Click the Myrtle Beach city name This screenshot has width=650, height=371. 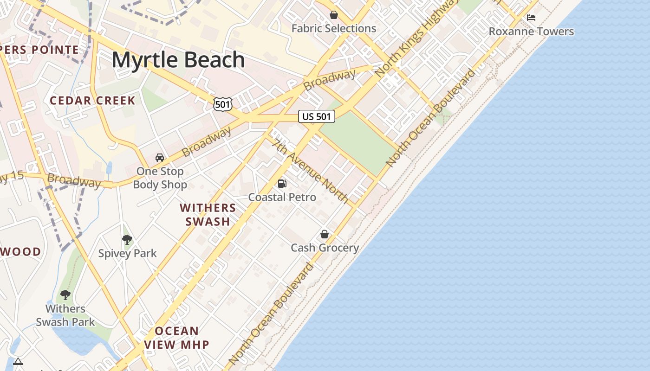tap(178, 60)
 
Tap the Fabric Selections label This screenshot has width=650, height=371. tap(333, 28)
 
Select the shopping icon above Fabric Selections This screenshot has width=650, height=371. tap(333, 15)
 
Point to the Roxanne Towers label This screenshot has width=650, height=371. tap(531, 32)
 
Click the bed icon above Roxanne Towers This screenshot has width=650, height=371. tap(531, 18)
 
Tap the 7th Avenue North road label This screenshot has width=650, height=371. tap(311, 171)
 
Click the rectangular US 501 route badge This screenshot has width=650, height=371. tap(316, 116)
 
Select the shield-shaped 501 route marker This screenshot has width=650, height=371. tap(223, 104)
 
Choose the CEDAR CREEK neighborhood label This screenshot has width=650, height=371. tap(92, 101)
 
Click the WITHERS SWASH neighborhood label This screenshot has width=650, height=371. tap(208, 214)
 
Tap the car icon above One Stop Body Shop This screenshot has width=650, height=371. tap(160, 158)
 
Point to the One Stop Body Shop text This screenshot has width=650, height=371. tap(160, 178)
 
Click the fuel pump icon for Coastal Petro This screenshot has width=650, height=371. tap(282, 184)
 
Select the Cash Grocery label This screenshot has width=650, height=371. tap(325, 248)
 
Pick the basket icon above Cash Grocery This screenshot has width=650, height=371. tap(325, 235)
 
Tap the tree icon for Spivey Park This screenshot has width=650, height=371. tap(127, 240)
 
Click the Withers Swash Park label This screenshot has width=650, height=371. tap(65, 315)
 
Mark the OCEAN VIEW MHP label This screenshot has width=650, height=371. tap(176, 338)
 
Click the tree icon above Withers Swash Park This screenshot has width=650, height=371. tap(65, 295)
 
